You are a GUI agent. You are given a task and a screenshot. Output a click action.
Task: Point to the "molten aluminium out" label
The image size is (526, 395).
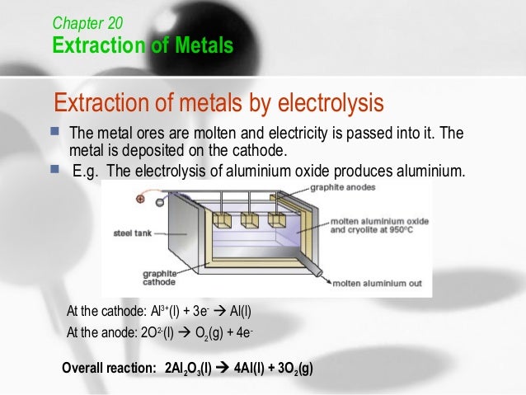pyautogui.click(x=376, y=283)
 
